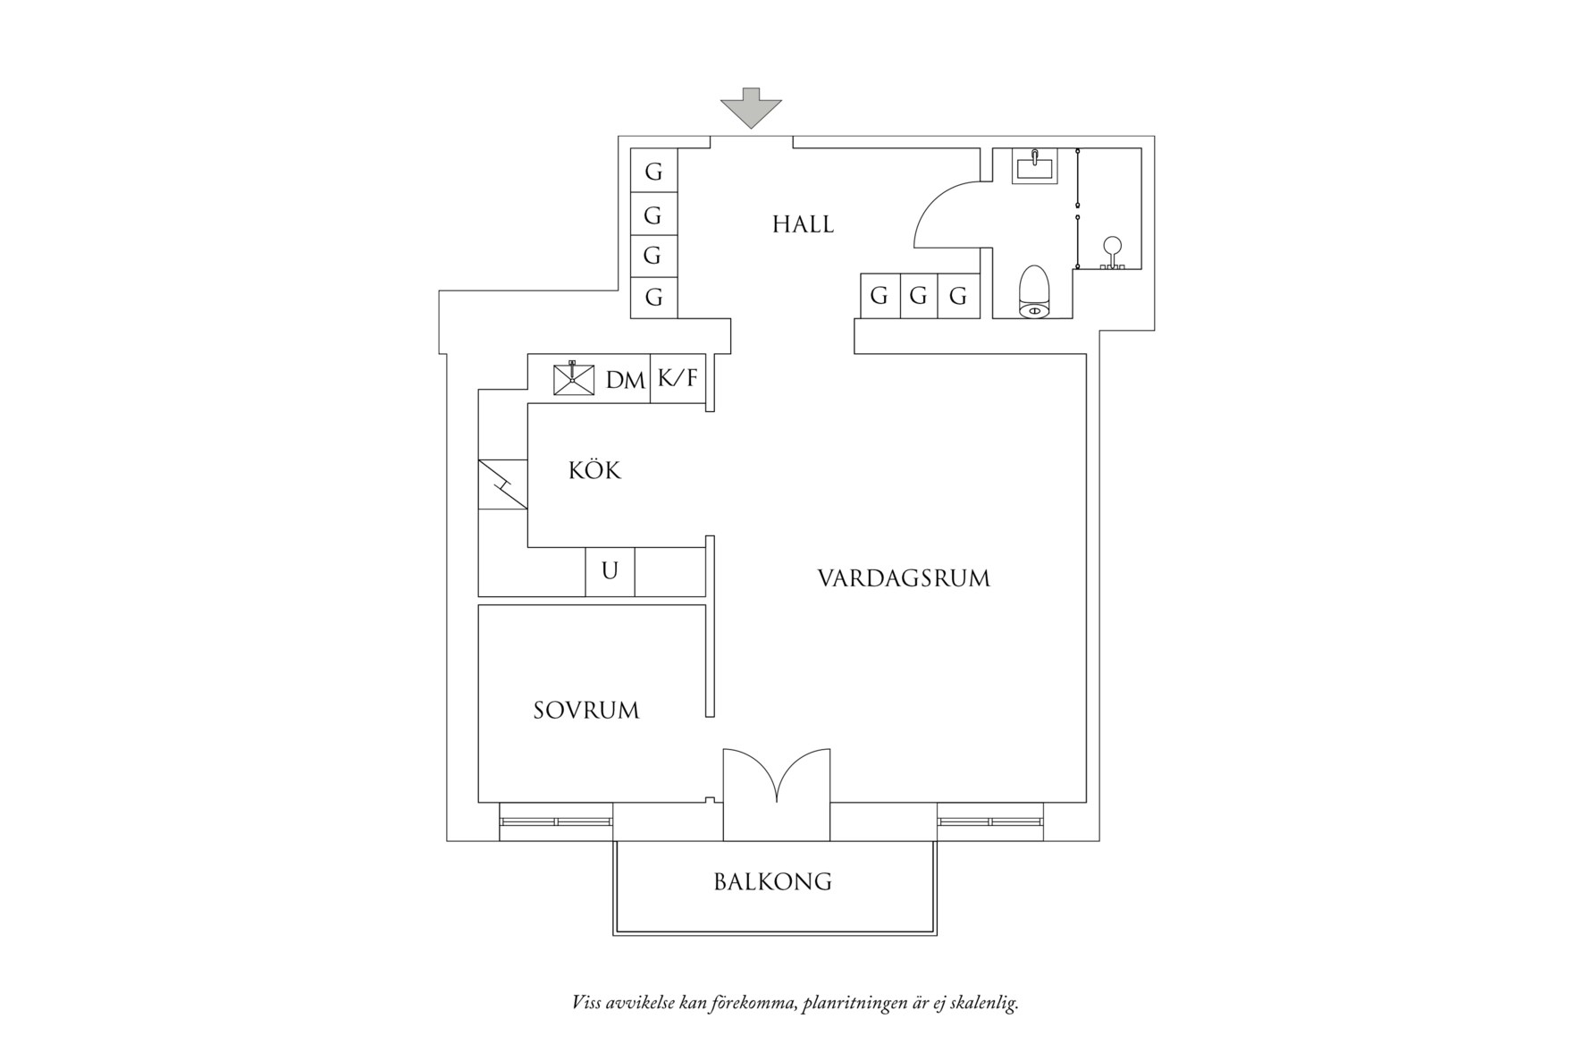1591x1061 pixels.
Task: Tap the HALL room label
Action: [x=803, y=224]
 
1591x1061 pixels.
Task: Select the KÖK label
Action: [x=594, y=471]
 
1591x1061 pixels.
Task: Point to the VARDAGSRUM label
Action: [x=904, y=578]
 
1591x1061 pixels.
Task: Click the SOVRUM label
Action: [x=586, y=711]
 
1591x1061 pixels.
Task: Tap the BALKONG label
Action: [x=773, y=882]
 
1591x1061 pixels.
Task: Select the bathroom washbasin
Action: [x=1034, y=166]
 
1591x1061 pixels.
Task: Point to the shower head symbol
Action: [x=1112, y=249]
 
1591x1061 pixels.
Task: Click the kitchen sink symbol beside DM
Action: [x=573, y=378]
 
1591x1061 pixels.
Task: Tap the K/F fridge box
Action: [x=678, y=379]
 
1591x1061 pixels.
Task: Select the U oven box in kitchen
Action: [x=610, y=571]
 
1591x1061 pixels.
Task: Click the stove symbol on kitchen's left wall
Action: [x=502, y=484]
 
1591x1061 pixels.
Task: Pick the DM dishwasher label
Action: [x=625, y=381]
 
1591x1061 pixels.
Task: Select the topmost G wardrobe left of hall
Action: [x=653, y=171]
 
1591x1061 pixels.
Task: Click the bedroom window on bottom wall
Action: [x=556, y=821]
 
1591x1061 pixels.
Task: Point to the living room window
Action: [x=990, y=821]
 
